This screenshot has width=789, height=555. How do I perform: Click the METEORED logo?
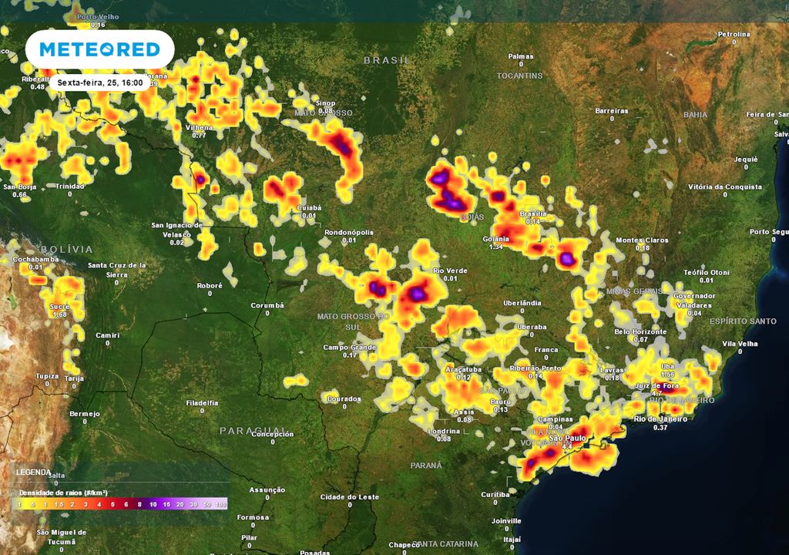click(99, 49)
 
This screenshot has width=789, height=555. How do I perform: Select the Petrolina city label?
click(734, 35)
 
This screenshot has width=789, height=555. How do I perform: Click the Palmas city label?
click(521, 56)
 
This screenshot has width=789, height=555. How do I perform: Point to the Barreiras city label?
click(612, 111)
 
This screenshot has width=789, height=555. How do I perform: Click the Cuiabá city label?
click(308, 208)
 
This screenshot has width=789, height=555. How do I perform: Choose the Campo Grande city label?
click(351, 347)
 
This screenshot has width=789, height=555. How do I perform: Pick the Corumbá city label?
click(267, 305)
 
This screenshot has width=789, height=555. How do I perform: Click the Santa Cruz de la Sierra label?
click(118, 269)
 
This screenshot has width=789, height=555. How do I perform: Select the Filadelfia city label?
click(202, 402)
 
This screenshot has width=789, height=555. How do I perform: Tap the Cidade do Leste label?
click(349, 496)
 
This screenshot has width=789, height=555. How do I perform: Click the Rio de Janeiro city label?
click(660, 419)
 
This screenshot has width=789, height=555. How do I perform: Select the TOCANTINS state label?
click(519, 76)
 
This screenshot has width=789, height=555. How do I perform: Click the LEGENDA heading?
click(34, 472)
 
